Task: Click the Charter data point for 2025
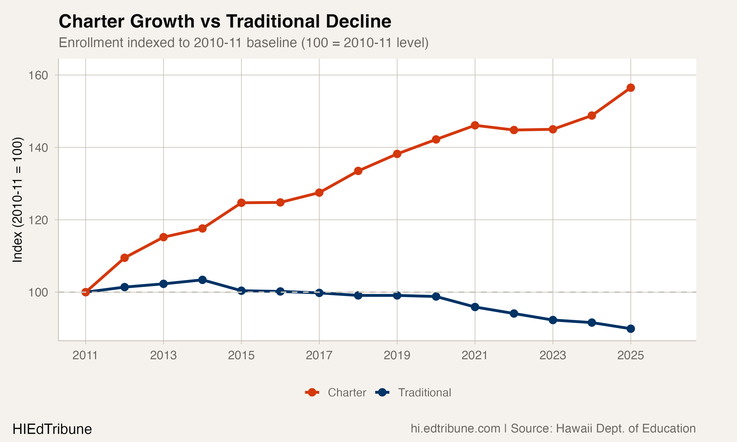(x=631, y=88)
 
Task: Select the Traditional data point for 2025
(x=631, y=329)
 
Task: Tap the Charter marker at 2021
(x=475, y=125)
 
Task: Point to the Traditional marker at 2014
(x=202, y=280)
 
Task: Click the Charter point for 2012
(x=125, y=258)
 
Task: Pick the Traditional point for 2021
(x=475, y=307)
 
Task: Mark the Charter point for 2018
(x=358, y=171)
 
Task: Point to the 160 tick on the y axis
(x=38, y=75)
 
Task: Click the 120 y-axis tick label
(x=38, y=220)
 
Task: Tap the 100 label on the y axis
(x=38, y=292)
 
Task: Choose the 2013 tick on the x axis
(x=163, y=355)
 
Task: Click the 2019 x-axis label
(x=397, y=355)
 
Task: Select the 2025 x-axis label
(x=631, y=355)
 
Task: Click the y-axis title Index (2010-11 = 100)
(x=17, y=200)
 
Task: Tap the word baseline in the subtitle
(x=271, y=42)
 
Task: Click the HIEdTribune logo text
(x=52, y=429)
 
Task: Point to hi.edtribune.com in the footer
(x=455, y=428)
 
